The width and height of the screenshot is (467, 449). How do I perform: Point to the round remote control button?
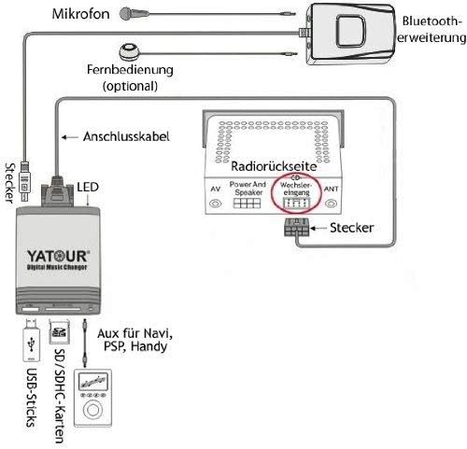pos(127,52)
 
